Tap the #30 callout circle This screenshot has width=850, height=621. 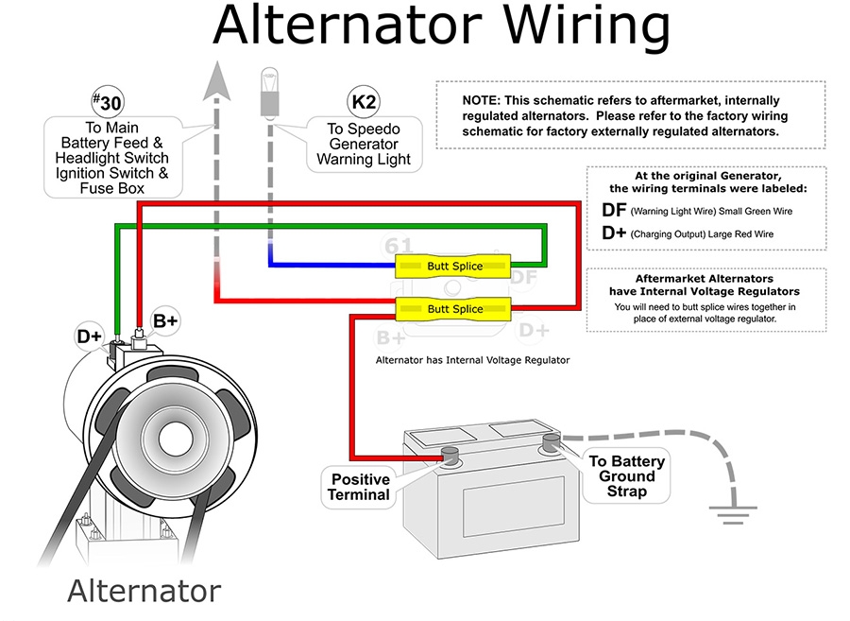click(x=108, y=101)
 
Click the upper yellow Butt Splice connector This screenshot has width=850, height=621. click(x=453, y=266)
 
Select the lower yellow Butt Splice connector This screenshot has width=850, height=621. click(x=453, y=308)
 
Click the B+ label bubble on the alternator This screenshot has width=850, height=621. click(x=165, y=321)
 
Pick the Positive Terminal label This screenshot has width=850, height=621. click(x=359, y=487)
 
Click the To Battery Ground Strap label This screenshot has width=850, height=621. click(x=627, y=476)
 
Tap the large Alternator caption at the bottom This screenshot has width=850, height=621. click(x=144, y=591)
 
